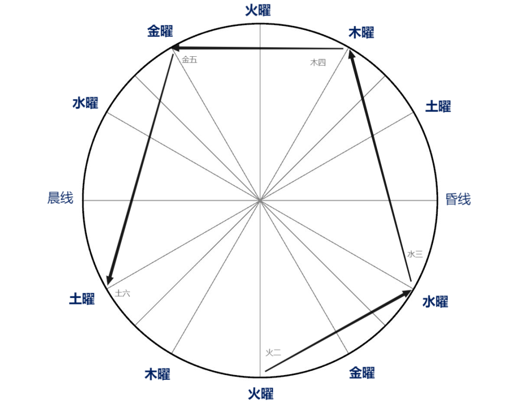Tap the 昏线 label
458,199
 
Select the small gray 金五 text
190,60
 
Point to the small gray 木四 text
318,62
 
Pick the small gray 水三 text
415,254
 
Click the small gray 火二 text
273,353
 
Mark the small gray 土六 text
122,293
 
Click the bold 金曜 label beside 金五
160,32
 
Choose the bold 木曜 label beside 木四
361,33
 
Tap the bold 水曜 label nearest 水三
435,302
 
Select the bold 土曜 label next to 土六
82,299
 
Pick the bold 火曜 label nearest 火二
260,394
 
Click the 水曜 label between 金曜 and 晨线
85,103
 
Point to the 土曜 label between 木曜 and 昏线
438,106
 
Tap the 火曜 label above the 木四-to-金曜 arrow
258,10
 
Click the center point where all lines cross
260,200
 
